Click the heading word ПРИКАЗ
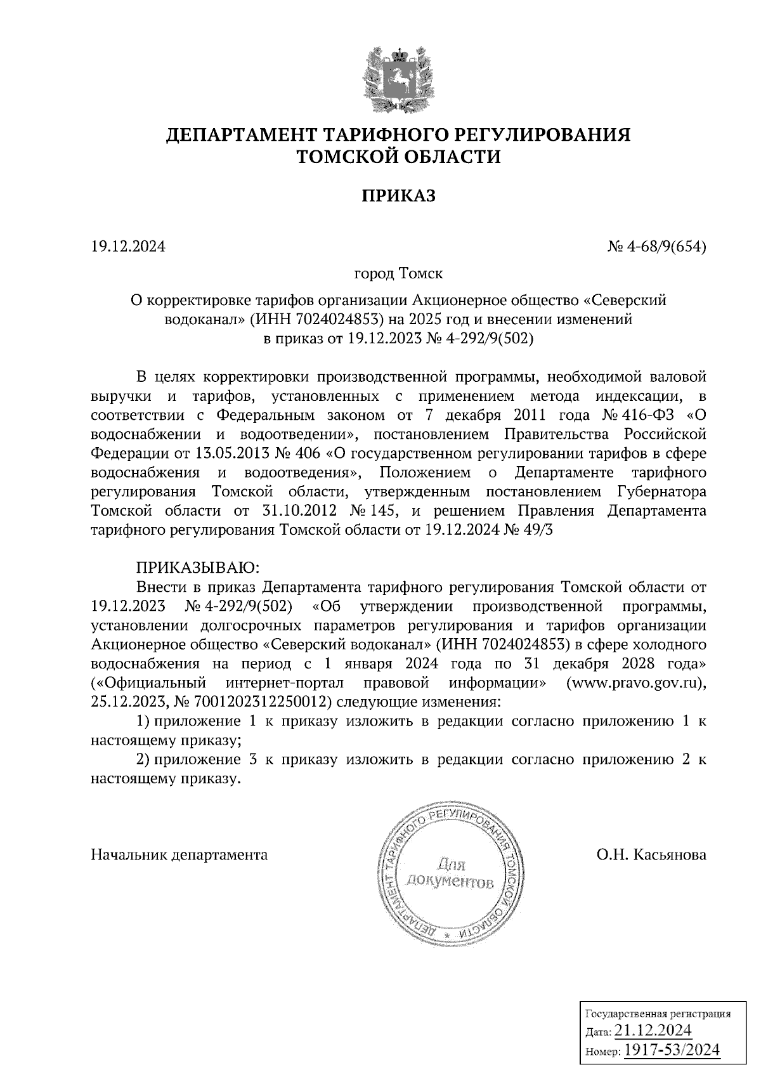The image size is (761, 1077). click(x=398, y=196)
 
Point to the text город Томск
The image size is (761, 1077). click(x=398, y=274)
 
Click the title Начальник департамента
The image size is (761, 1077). click(x=179, y=854)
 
